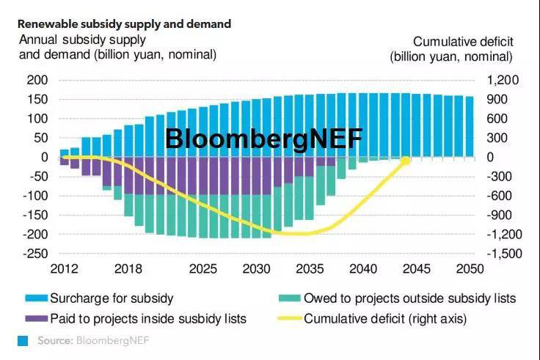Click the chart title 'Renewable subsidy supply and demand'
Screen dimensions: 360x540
(x=124, y=24)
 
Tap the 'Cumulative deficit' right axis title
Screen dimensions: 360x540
(x=451, y=48)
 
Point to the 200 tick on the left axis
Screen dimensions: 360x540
(x=36, y=80)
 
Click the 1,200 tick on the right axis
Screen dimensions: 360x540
(x=504, y=80)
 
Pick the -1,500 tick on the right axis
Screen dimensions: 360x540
(x=502, y=254)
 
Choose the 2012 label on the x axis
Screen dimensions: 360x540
(x=64, y=269)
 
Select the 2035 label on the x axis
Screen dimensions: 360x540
(x=308, y=269)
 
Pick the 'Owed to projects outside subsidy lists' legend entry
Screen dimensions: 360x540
(x=410, y=298)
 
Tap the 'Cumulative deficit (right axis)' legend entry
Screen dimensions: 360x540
(x=385, y=318)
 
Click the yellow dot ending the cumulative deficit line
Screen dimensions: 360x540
(x=405, y=160)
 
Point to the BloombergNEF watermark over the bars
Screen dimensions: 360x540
(x=263, y=138)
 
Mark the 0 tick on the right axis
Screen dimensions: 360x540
(x=491, y=157)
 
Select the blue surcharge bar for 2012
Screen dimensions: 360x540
(x=65, y=153)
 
